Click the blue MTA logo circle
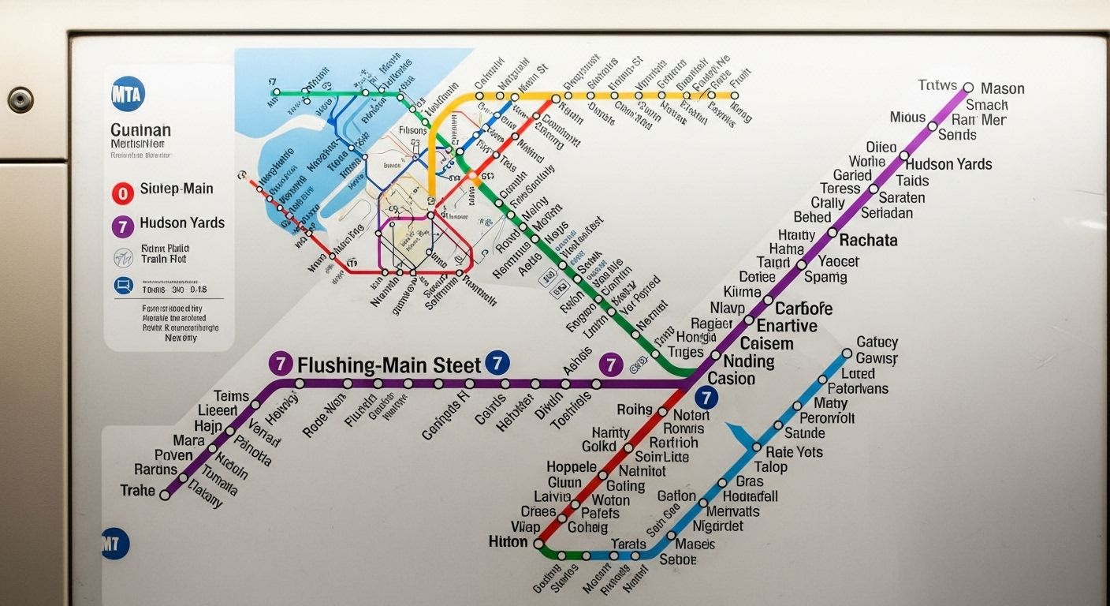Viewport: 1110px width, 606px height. [129, 94]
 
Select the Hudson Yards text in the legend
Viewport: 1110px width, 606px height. [182, 223]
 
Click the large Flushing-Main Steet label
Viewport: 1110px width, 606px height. [389, 365]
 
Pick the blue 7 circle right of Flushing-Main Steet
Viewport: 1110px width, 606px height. [497, 363]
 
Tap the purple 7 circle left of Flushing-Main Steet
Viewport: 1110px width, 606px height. [281, 364]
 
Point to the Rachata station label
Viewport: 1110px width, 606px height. [868, 240]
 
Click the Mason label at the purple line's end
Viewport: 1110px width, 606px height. [1002, 88]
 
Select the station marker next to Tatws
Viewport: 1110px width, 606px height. [969, 88]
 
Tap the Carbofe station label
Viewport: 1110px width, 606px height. [803, 309]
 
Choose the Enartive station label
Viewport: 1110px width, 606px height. [787, 326]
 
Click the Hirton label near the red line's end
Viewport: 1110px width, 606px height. [508, 542]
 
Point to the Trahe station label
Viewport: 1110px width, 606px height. [138, 491]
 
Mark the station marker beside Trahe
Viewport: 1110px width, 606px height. [165, 496]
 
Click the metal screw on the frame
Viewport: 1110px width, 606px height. [20, 99]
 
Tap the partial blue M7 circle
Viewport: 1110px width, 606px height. [115, 544]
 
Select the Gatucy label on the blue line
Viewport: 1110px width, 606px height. [877, 342]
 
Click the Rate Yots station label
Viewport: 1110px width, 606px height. [794, 452]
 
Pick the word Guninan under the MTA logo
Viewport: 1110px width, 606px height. [140, 130]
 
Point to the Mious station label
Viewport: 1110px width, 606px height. [907, 118]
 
